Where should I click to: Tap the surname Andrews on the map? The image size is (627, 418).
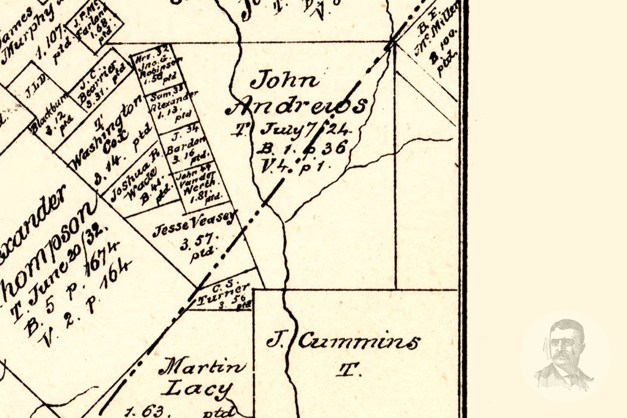(297, 107)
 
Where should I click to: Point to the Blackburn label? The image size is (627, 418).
(49, 119)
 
